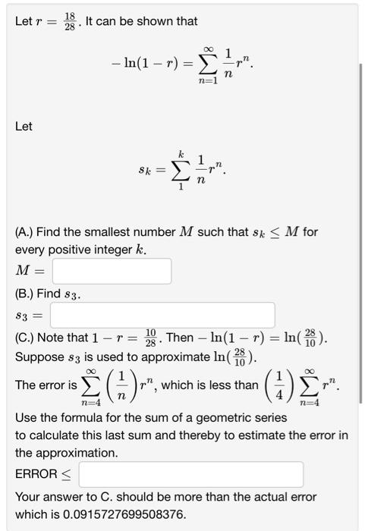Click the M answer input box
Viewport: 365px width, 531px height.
(112, 271)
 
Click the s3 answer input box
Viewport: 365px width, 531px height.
(162, 314)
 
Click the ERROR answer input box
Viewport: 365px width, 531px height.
(190, 474)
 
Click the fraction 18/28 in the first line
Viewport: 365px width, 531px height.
(70, 21)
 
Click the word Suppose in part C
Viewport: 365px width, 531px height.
(40, 357)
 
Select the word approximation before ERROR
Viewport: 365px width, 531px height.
(67, 453)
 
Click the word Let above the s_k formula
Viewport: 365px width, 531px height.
(24, 126)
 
